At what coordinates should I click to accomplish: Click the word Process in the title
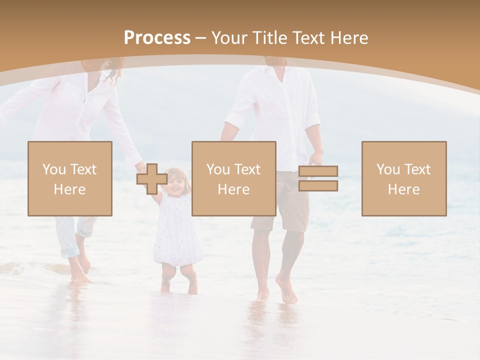pos(157,38)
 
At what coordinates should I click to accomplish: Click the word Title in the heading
pos(271,38)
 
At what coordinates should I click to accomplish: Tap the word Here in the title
pos(349,38)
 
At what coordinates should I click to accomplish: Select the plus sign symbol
pos(151,178)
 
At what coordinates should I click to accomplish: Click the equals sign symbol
pos(318,178)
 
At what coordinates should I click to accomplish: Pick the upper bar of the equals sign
pos(318,171)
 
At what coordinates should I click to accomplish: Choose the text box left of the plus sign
pos(70,178)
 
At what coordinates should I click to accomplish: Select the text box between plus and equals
pos(234,178)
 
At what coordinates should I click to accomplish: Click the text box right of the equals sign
pos(404,178)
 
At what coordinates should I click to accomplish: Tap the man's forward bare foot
pos(287,292)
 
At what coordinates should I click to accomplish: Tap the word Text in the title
pos(309,38)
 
